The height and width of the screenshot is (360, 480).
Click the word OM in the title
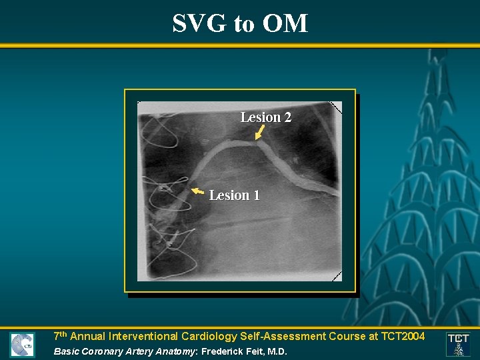285,23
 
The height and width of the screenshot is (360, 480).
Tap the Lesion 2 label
265,117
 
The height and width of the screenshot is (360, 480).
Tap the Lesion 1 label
234,195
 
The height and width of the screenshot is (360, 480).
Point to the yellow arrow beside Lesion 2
259,133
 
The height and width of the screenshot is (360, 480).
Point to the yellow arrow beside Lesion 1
197,192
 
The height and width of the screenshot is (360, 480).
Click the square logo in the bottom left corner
22,345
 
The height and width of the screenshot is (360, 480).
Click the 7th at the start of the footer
60,336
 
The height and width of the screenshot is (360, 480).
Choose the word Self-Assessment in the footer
285,337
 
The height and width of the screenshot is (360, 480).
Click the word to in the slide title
244,24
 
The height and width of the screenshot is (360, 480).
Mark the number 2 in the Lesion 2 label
287,117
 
